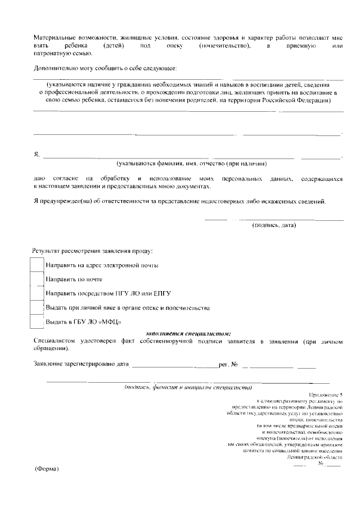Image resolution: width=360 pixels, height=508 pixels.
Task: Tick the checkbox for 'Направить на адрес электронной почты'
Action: tap(37, 265)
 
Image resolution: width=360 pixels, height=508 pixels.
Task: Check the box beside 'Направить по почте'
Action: tap(37, 279)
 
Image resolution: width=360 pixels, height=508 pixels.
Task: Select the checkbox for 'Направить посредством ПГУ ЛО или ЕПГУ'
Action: tap(37, 293)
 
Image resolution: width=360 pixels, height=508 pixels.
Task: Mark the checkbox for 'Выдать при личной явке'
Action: tap(37, 308)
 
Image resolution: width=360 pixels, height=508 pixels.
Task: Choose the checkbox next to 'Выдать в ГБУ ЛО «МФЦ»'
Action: tap(37, 322)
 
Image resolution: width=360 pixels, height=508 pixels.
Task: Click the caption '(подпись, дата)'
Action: tap(273, 226)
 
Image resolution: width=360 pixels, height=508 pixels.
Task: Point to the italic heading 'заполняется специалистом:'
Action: tap(188, 334)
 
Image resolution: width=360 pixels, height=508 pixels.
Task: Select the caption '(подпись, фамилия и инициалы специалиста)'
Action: tap(188, 387)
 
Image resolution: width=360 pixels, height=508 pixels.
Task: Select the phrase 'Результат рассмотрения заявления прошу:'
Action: tap(93, 251)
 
